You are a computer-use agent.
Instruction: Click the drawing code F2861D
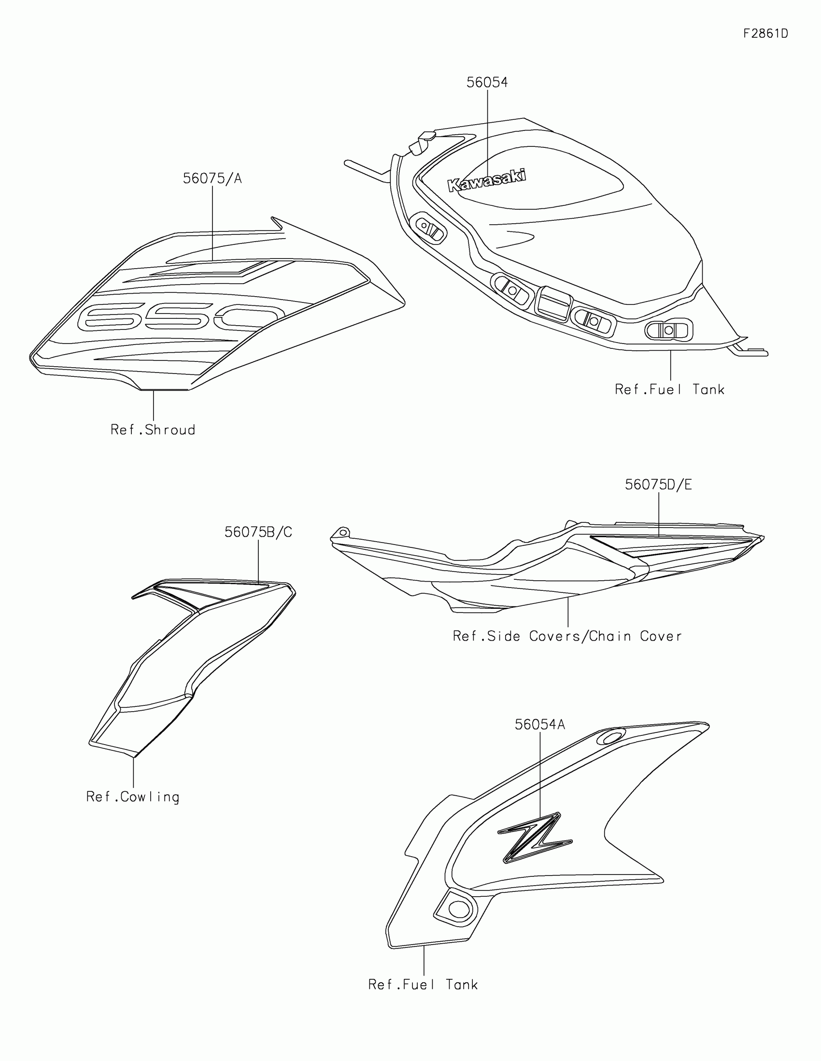click(765, 33)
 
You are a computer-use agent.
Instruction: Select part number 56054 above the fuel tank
click(487, 83)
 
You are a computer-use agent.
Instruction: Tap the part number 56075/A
click(212, 179)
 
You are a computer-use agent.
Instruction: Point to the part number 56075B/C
click(258, 532)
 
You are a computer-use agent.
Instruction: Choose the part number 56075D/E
click(658, 484)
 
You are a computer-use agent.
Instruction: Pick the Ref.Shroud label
click(153, 430)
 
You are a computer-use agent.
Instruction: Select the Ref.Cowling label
click(132, 797)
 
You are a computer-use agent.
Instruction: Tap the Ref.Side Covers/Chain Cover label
click(567, 636)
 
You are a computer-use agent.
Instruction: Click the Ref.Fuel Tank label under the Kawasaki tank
click(669, 389)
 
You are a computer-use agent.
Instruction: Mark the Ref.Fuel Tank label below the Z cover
click(423, 985)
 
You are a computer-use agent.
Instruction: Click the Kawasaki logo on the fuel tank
click(486, 180)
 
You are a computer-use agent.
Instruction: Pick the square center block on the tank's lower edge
click(552, 302)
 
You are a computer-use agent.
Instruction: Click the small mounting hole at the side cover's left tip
click(343, 532)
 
